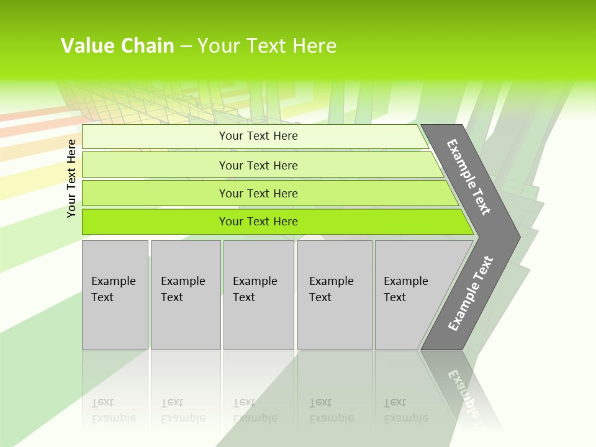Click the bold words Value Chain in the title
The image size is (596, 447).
pyautogui.click(x=117, y=46)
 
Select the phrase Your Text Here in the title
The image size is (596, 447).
pyautogui.click(x=267, y=46)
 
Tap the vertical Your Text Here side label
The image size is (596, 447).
pyautogui.click(x=71, y=178)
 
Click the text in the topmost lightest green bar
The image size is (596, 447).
pyautogui.click(x=258, y=136)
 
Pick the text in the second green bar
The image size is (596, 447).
pyautogui.click(x=258, y=165)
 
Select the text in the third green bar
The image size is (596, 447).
pyautogui.click(x=258, y=193)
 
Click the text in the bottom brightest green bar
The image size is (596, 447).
pyautogui.click(x=258, y=222)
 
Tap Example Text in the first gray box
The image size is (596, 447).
pyautogui.click(x=113, y=289)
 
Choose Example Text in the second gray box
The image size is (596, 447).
pyautogui.click(x=183, y=289)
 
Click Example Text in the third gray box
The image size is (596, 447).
pyautogui.click(x=255, y=289)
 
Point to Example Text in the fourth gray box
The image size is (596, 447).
pyautogui.click(x=331, y=289)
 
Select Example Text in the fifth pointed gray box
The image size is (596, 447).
pyautogui.click(x=405, y=289)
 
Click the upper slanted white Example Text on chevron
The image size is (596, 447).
pyautogui.click(x=469, y=178)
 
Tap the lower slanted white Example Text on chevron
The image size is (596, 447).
pyautogui.click(x=471, y=293)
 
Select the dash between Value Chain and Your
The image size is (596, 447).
pyautogui.click(x=186, y=47)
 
